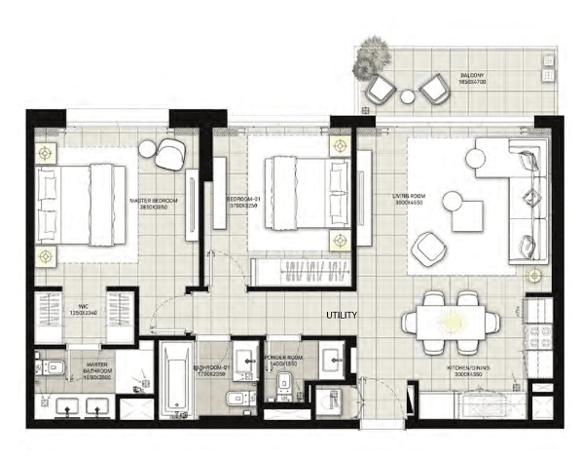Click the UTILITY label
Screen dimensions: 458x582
pos(344,316)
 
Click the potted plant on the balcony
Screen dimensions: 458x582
pos(372,57)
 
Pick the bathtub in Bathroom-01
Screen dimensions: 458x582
pos(177,379)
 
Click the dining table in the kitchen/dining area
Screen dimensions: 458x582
pos(452,323)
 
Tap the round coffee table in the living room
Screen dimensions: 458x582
pos(453,201)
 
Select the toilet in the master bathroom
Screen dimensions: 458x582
pos(51,369)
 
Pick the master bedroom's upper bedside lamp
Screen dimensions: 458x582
pos(46,153)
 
